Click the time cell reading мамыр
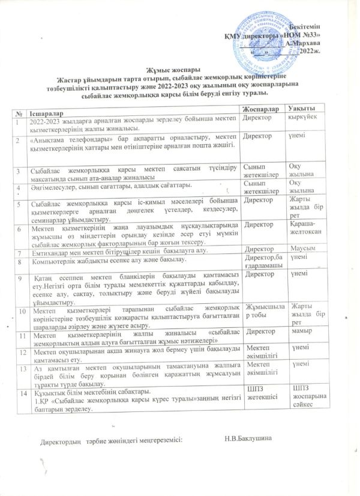[x=299, y=331]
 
